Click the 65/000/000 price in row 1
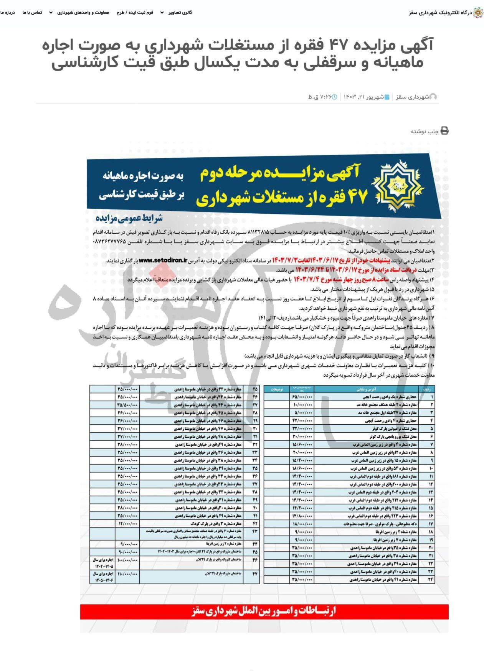302,397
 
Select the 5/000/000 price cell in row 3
302,413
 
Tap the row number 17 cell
431,524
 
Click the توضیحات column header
276,389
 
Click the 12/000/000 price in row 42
127,524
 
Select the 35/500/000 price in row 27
127,405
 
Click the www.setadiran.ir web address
163,260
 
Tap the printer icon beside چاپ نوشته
444,131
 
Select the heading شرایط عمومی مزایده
129,218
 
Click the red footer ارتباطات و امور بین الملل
264,611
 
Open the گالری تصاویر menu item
180,12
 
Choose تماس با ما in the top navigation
33,12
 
